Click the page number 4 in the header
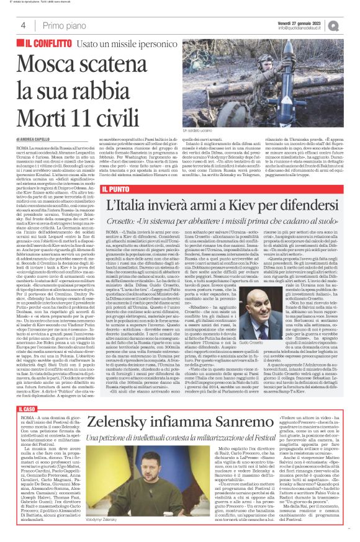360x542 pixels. [23, 25]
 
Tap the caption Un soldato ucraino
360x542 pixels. [200, 131]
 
